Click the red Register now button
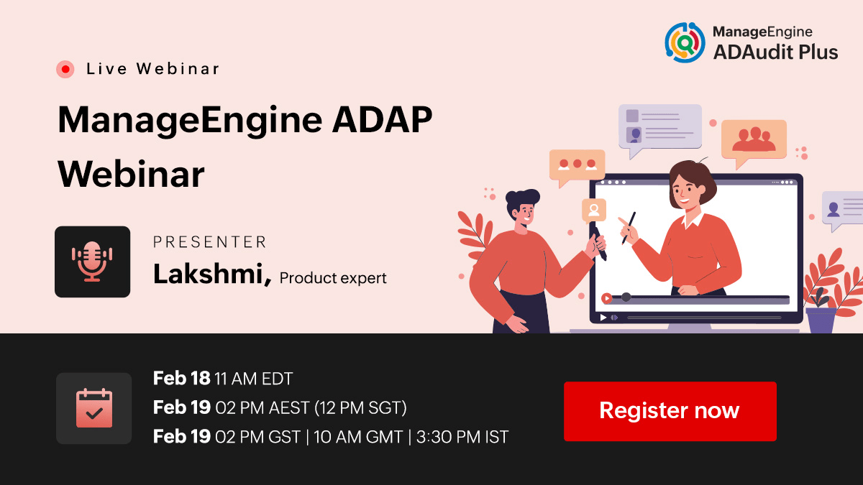pos(670,411)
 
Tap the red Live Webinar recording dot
pos(65,69)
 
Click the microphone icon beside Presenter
pos(92,262)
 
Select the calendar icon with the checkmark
pos(94,408)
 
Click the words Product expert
pos(333,278)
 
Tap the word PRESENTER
pos(210,242)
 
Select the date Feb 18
pos(181,379)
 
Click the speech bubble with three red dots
pos(577,165)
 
